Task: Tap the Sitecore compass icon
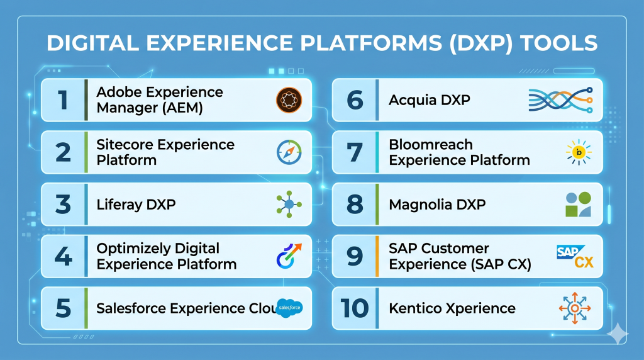click(x=289, y=152)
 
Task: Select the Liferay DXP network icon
click(x=289, y=204)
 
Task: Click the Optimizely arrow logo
click(x=289, y=256)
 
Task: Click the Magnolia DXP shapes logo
click(x=579, y=205)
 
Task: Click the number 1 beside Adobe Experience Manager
click(x=62, y=100)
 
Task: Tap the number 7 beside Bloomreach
click(x=355, y=152)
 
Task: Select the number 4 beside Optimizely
click(x=63, y=256)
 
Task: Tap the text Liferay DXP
click(x=136, y=205)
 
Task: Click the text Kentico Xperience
click(x=452, y=308)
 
